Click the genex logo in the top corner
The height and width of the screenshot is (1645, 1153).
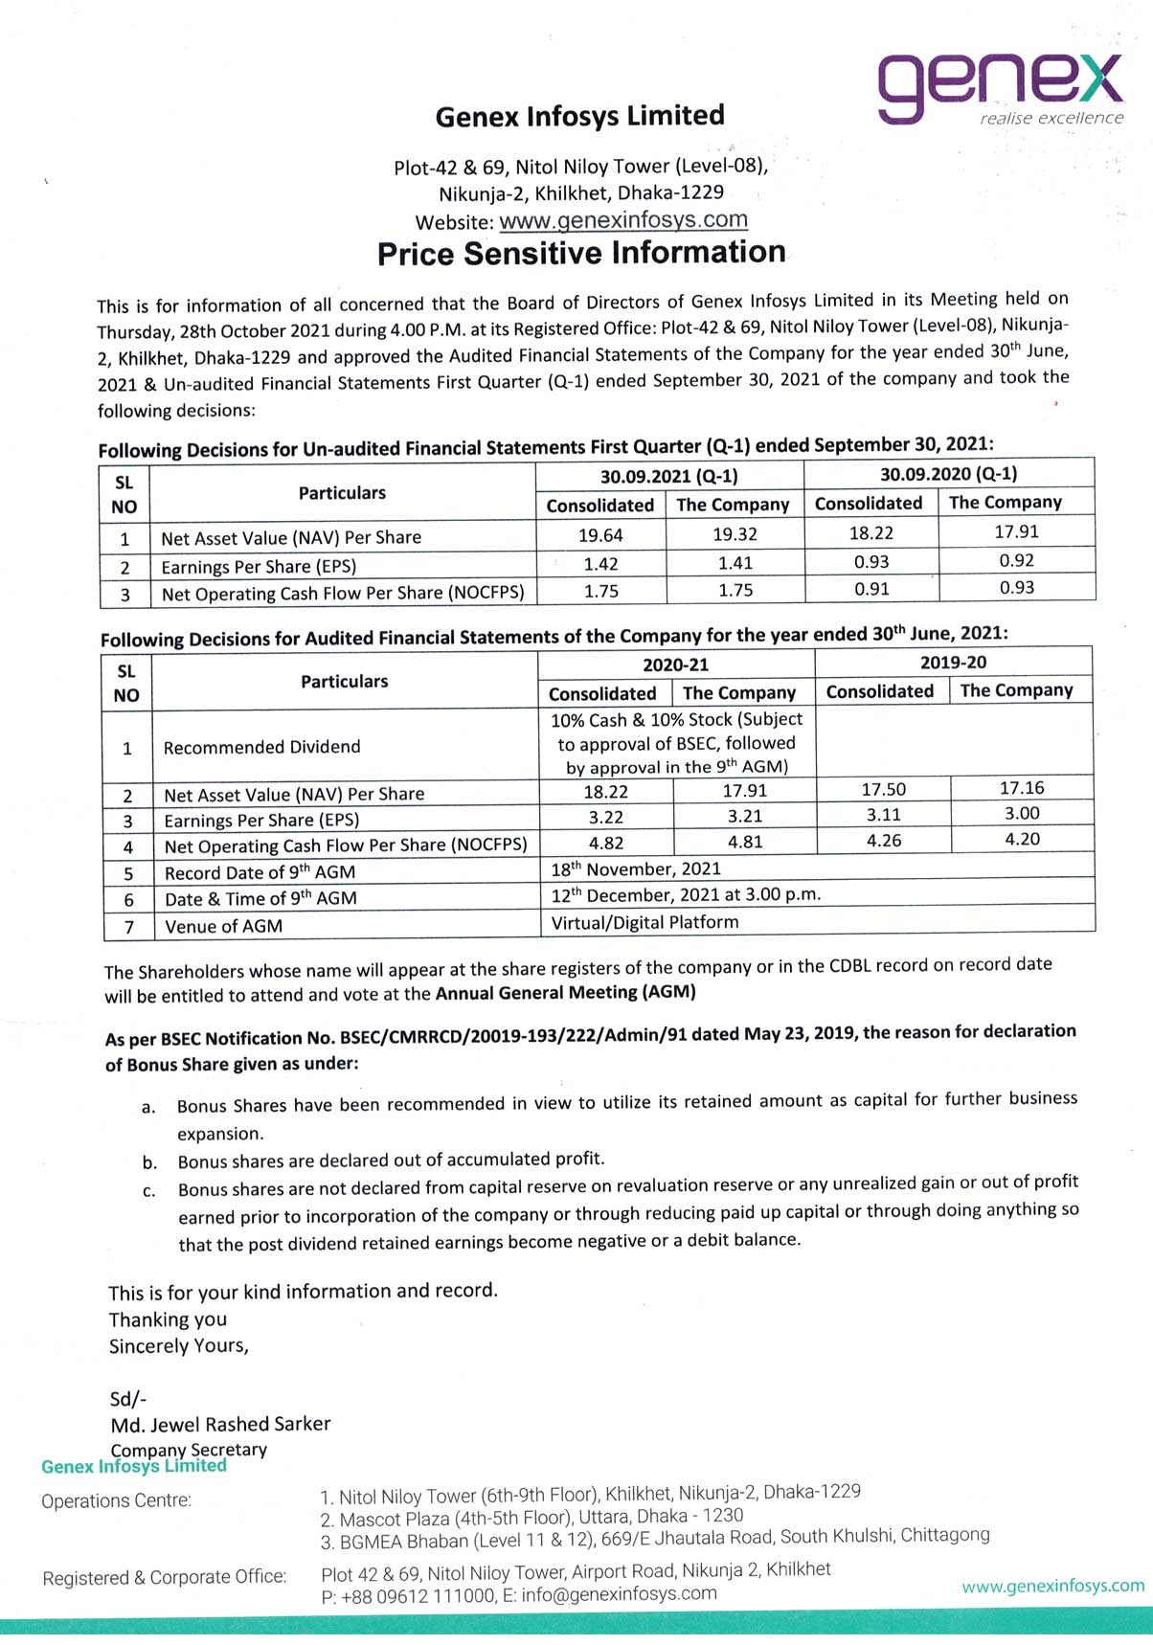coord(1000,88)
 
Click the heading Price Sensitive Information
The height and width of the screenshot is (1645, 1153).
coord(581,253)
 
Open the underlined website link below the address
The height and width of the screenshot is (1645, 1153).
coord(623,220)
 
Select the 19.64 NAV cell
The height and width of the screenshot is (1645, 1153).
coord(600,535)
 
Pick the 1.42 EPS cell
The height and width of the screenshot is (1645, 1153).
coord(600,564)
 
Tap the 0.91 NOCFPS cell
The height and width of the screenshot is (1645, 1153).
coord(871,589)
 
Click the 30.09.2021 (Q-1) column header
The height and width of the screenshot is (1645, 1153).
coord(668,476)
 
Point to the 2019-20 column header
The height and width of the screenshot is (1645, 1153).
coord(953,663)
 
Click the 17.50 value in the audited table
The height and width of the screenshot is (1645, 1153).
coord(883,789)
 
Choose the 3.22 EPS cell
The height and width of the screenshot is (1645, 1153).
coord(605,817)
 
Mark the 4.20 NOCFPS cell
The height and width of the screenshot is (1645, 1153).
coord(1022,839)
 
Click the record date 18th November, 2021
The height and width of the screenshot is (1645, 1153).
coord(636,868)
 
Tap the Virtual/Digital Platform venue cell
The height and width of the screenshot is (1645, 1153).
coord(644,922)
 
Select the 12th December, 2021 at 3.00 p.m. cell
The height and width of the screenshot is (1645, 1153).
coord(686,894)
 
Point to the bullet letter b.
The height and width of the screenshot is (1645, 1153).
coord(149,1163)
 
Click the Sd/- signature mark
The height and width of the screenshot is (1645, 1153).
coord(128,1399)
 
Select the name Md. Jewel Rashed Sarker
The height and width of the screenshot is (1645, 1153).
coord(220,1424)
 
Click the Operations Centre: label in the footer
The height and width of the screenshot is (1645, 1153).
coord(116,1500)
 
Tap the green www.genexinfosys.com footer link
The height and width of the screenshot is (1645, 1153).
coord(1052,1586)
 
